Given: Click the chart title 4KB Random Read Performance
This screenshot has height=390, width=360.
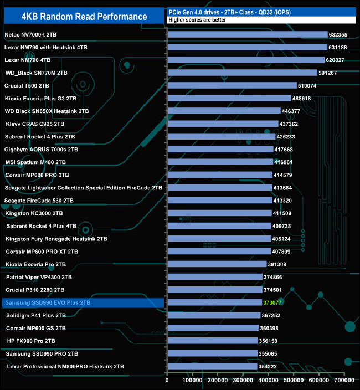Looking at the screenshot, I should (83, 16).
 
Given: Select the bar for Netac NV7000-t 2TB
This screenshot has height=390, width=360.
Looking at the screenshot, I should (247, 34).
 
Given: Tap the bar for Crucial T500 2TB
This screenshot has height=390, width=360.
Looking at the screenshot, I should (232, 85).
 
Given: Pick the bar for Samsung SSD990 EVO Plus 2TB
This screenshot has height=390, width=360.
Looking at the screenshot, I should (214, 302).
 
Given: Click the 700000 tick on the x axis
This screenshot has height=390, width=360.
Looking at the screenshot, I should (344, 381).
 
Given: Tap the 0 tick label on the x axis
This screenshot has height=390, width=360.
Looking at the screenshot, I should (167, 381).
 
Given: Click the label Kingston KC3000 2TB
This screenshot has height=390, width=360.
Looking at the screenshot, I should (34, 213).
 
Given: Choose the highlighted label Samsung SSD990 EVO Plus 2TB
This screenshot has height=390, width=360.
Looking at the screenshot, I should (47, 303).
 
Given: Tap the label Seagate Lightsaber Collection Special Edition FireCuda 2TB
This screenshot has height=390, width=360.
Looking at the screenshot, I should (83, 188).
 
